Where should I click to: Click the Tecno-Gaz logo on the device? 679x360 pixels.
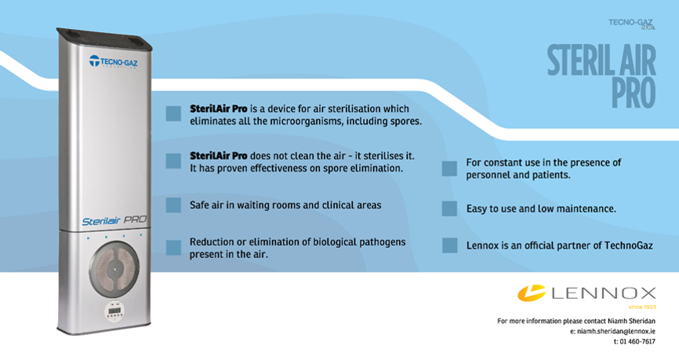point(114,61)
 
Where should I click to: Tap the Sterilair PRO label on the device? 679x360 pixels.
point(114,220)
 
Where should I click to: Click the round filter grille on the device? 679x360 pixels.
point(114,268)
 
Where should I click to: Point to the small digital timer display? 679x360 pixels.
point(114,311)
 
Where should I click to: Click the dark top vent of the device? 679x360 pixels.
point(104,39)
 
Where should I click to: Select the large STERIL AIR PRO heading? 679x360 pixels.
point(601,76)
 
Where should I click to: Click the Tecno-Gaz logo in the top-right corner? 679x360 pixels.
point(631,24)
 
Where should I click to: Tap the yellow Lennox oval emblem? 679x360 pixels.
point(532,293)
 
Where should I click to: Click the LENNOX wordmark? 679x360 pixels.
point(604,293)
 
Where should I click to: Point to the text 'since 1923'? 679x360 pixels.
point(642,307)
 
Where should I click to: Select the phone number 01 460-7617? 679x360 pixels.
point(637,342)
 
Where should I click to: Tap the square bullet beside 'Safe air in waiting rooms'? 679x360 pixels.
point(173,205)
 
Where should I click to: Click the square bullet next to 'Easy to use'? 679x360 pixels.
point(449,209)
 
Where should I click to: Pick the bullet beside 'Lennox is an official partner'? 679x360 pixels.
point(449,245)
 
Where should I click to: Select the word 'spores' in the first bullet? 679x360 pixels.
point(406,122)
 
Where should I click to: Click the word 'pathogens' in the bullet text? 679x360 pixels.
point(383,242)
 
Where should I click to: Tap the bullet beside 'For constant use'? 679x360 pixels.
point(449,169)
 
